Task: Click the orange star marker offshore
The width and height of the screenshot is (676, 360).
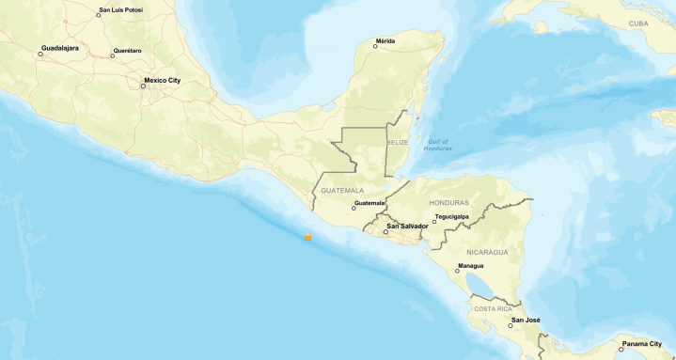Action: pyautogui.click(x=307, y=238)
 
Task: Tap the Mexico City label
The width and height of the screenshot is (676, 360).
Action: pyautogui.click(x=161, y=81)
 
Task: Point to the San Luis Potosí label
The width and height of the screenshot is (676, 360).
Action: pyautogui.click(x=121, y=12)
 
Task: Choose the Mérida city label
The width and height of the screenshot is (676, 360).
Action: pyautogui.click(x=385, y=40)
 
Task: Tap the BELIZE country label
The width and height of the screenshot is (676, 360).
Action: pyautogui.click(x=399, y=143)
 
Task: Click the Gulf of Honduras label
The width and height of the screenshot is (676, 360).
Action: pyautogui.click(x=436, y=145)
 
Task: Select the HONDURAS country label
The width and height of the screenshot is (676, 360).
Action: pyautogui.click(x=448, y=202)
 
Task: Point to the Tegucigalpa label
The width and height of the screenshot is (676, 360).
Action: pyautogui.click(x=453, y=216)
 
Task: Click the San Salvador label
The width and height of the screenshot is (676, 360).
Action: pyautogui.click(x=407, y=227)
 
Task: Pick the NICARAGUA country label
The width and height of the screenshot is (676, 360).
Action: pyautogui.click(x=487, y=252)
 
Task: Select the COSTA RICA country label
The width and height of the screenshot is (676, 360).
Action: pyautogui.click(x=493, y=308)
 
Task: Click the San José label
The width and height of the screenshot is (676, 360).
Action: pyautogui.click(x=525, y=321)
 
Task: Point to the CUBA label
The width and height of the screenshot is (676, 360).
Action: pyautogui.click(x=638, y=23)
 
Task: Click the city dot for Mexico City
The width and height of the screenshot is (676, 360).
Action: pyautogui.click(x=143, y=86)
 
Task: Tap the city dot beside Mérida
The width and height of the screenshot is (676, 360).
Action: pyautogui.click(x=375, y=46)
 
